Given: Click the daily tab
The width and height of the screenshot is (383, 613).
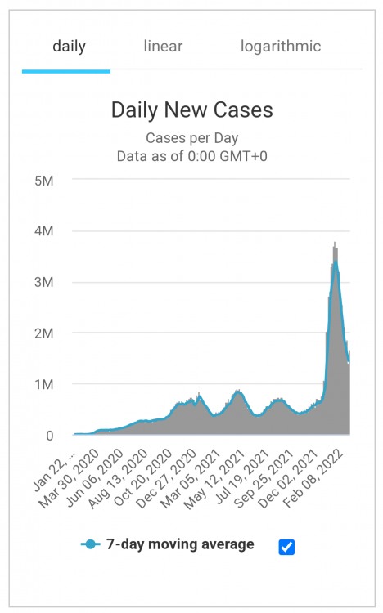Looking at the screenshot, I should pos(69,46).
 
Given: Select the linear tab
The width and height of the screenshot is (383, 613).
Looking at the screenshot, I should pos(163,46).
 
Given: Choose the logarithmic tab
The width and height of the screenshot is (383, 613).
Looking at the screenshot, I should pos(281,46).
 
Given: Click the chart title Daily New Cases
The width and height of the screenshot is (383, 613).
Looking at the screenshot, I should pos(191,110).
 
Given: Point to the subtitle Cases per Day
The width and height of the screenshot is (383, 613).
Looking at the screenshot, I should pos(191,137).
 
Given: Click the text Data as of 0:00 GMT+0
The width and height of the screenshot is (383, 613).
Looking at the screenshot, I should pos(191,154).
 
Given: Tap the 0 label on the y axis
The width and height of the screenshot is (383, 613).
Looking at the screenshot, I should pos(49,436).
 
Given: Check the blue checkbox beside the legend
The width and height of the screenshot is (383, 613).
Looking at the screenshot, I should pos(286,547).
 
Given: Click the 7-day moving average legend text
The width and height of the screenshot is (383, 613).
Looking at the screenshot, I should pos(180,544).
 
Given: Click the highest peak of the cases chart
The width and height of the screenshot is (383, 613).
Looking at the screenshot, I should pos(335,244).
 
